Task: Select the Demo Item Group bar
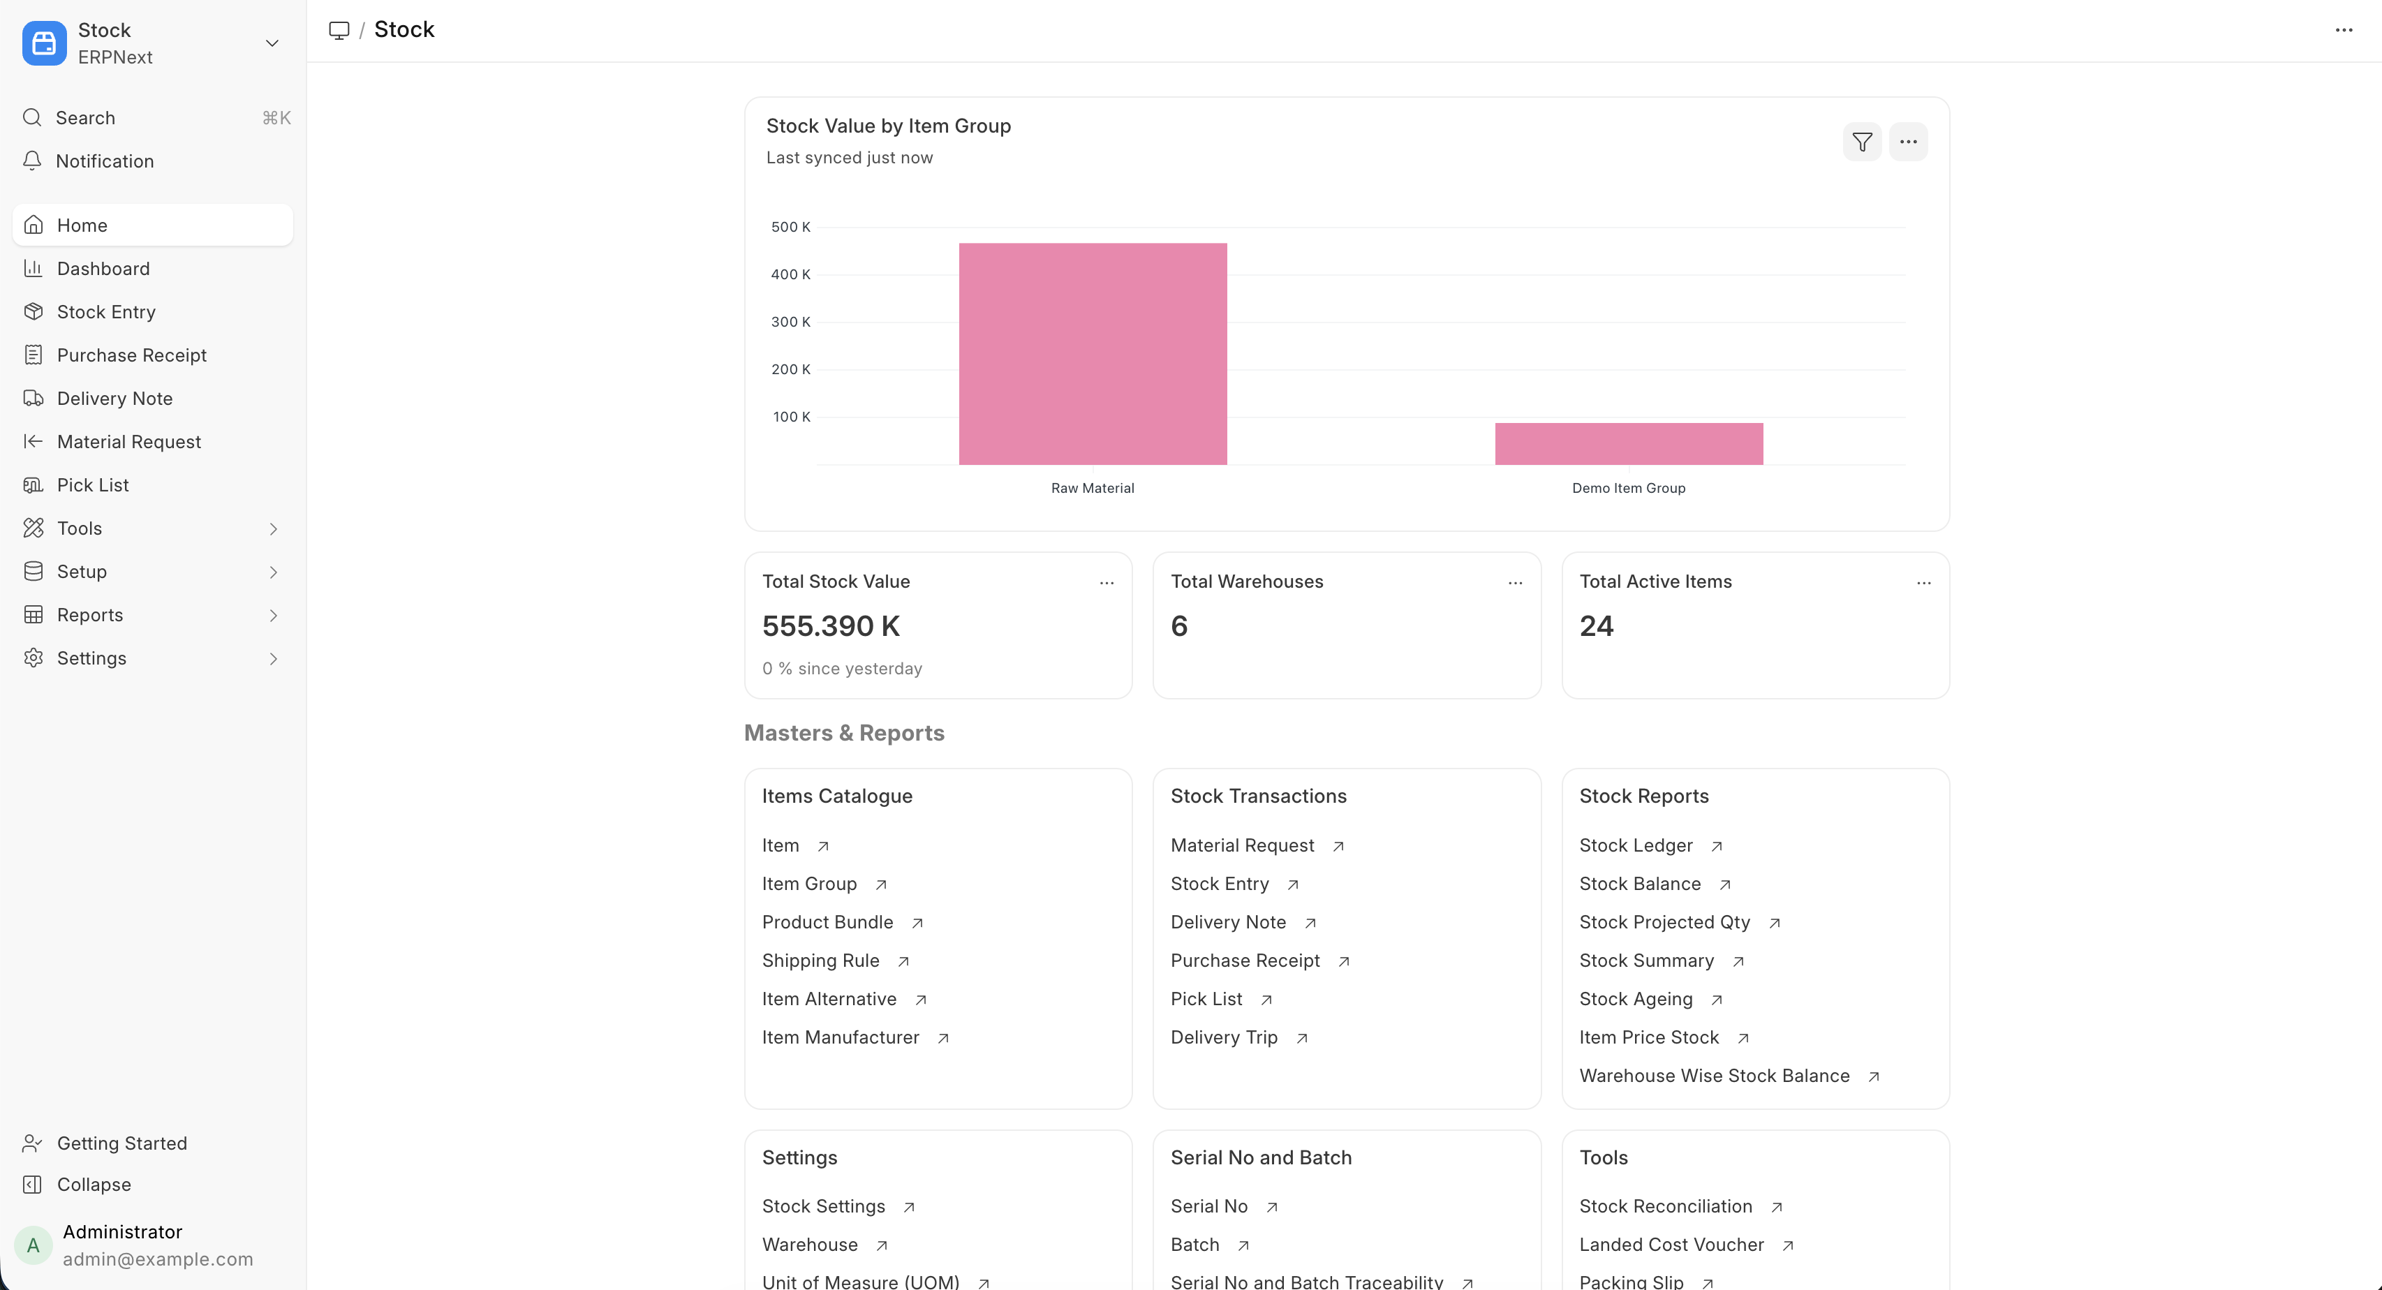[1629, 444]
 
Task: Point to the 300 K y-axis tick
[790, 322]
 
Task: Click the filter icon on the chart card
[1861, 142]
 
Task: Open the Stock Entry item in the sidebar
[105, 311]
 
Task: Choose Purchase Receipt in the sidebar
[131, 355]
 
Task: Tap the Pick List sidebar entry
[92, 484]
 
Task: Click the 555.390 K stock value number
[830, 626]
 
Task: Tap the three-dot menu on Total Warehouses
[1515, 583]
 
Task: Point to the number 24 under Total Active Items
[1596, 626]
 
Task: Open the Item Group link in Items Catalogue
[809, 884]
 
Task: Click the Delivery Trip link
[1223, 1037]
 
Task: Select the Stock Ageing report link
[1635, 999]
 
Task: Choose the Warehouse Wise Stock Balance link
[1713, 1076]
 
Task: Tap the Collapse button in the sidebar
[94, 1185]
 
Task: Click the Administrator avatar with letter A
[34, 1245]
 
